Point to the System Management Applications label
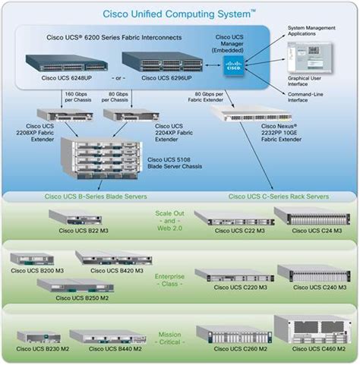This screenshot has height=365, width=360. click(x=312, y=31)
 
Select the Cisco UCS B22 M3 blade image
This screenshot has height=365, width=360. click(x=75, y=216)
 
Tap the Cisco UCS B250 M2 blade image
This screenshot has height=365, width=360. click(x=68, y=285)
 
